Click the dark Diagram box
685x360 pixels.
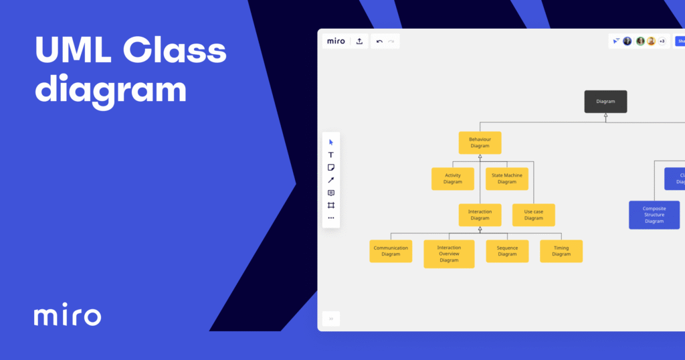pyautogui.click(x=605, y=102)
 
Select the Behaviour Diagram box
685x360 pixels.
pyautogui.click(x=480, y=143)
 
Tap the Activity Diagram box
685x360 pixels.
pyautogui.click(x=453, y=179)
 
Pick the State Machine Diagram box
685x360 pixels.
pyautogui.click(x=507, y=179)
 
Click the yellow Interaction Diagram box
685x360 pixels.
pyautogui.click(x=480, y=215)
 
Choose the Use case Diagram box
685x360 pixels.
pyautogui.click(x=534, y=215)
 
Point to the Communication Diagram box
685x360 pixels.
pyautogui.click(x=391, y=251)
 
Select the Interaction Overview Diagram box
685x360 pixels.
pyautogui.click(x=449, y=254)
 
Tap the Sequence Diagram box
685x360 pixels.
pyautogui.click(x=507, y=251)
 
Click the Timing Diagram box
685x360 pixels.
pyautogui.click(x=561, y=251)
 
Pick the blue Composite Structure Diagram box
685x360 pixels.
pyautogui.click(x=654, y=215)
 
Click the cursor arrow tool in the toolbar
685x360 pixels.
pyautogui.click(x=331, y=142)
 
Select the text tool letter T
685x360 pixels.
pyautogui.click(x=331, y=155)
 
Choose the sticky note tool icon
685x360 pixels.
pyautogui.click(x=331, y=167)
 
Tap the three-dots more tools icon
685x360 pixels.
pyautogui.click(x=331, y=217)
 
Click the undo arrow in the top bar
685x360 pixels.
pyautogui.click(x=379, y=41)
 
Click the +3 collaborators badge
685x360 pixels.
pyautogui.click(x=662, y=41)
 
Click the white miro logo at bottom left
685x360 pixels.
pyautogui.click(x=68, y=316)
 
